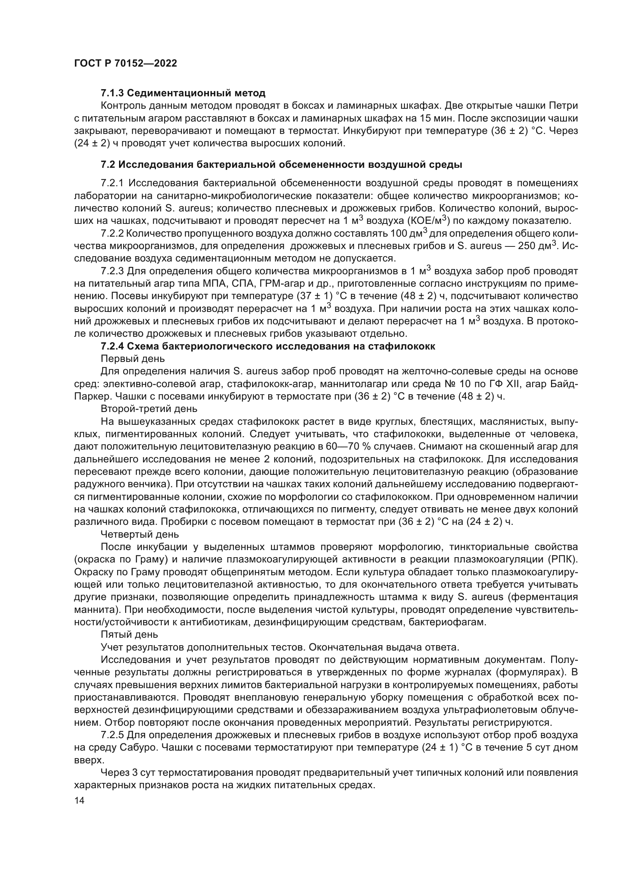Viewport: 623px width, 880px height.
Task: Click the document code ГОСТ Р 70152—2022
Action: [x=125, y=64]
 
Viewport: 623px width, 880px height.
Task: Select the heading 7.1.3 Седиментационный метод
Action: [x=183, y=93]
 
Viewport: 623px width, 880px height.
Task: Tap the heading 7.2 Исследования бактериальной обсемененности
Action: [x=281, y=165]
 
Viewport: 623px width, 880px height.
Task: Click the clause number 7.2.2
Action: [x=112, y=233]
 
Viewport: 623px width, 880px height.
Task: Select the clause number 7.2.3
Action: [x=112, y=271]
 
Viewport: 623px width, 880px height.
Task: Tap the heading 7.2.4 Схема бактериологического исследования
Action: [x=268, y=347]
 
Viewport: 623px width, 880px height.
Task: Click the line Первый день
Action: [x=133, y=359]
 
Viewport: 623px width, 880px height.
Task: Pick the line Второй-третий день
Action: [x=149, y=409]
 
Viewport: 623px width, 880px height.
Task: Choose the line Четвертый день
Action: [x=140, y=534]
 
